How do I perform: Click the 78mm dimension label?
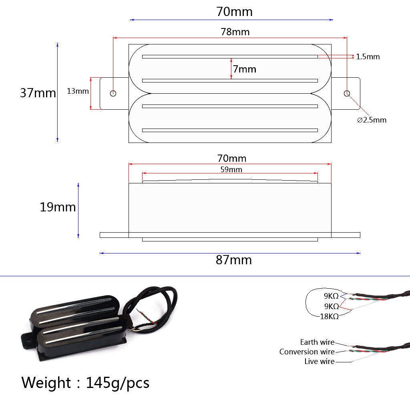pos(235,32)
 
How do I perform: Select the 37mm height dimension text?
pos(38,93)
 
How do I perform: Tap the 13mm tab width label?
pos(78,91)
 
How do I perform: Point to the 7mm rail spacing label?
pos(244,69)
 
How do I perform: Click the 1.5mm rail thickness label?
pos(368,57)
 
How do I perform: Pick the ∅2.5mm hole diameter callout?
pos(372,120)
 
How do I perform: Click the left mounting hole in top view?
pos(113,93)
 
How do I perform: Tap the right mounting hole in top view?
pos(347,93)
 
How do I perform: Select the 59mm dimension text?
pos(231,169)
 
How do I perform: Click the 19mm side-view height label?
pos(58,207)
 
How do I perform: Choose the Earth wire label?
pos(317,342)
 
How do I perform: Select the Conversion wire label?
pos(307,352)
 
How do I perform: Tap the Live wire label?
pos(319,362)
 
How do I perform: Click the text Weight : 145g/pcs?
pos(85,383)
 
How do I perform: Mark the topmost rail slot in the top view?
pos(230,56)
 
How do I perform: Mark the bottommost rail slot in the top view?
pos(230,130)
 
